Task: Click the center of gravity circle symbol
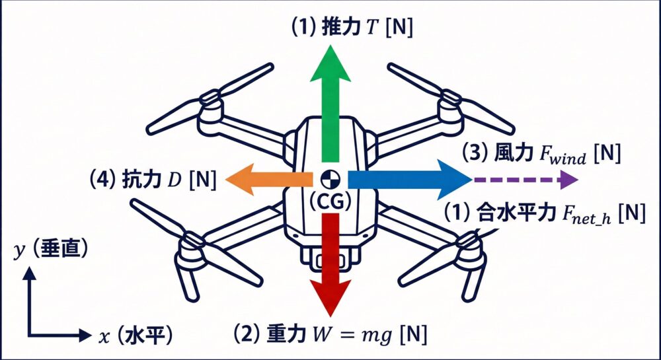329,178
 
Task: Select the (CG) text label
329,202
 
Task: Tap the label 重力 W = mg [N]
330,334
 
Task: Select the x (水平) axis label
136,336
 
